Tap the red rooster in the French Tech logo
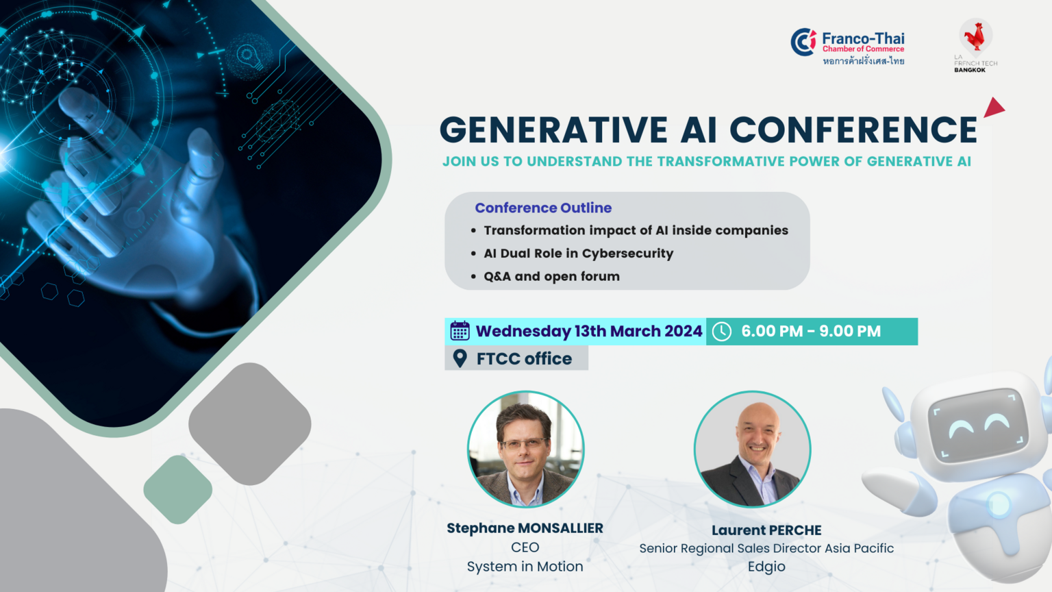[x=975, y=36]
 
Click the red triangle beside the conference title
[x=993, y=108]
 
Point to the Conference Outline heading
[x=543, y=208]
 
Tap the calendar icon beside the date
[x=460, y=331]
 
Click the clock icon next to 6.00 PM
[x=722, y=331]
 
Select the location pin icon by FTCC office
[x=460, y=358]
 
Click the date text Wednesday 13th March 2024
[x=589, y=331]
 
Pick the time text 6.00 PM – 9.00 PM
[x=811, y=331]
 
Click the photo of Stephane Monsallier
[x=525, y=449]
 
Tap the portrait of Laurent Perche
[x=753, y=449]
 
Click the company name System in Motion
[x=525, y=567]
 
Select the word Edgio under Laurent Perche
[x=766, y=567]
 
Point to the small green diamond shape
[x=177, y=489]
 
